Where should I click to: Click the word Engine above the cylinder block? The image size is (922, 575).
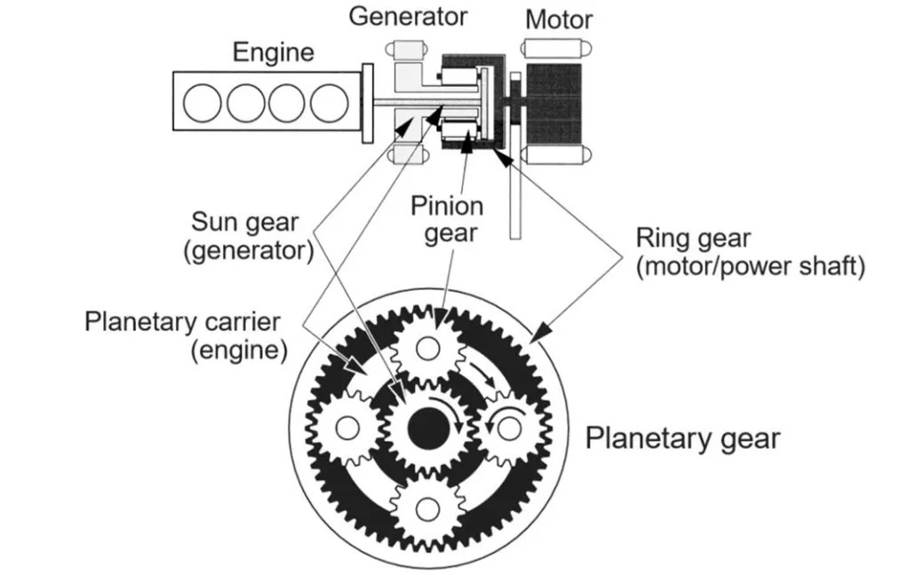pyautogui.click(x=273, y=51)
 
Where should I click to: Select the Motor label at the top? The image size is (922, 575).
pyautogui.click(x=560, y=19)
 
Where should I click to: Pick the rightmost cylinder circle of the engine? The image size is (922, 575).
pyautogui.click(x=330, y=104)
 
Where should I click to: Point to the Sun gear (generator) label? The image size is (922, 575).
pyautogui.click(x=252, y=235)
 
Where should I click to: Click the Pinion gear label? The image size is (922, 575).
pyautogui.click(x=447, y=220)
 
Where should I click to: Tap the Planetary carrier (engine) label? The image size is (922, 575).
pyautogui.click(x=187, y=334)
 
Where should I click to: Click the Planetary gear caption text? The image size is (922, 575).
pyautogui.click(x=681, y=438)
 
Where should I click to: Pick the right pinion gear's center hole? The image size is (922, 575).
pyautogui.click(x=507, y=428)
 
